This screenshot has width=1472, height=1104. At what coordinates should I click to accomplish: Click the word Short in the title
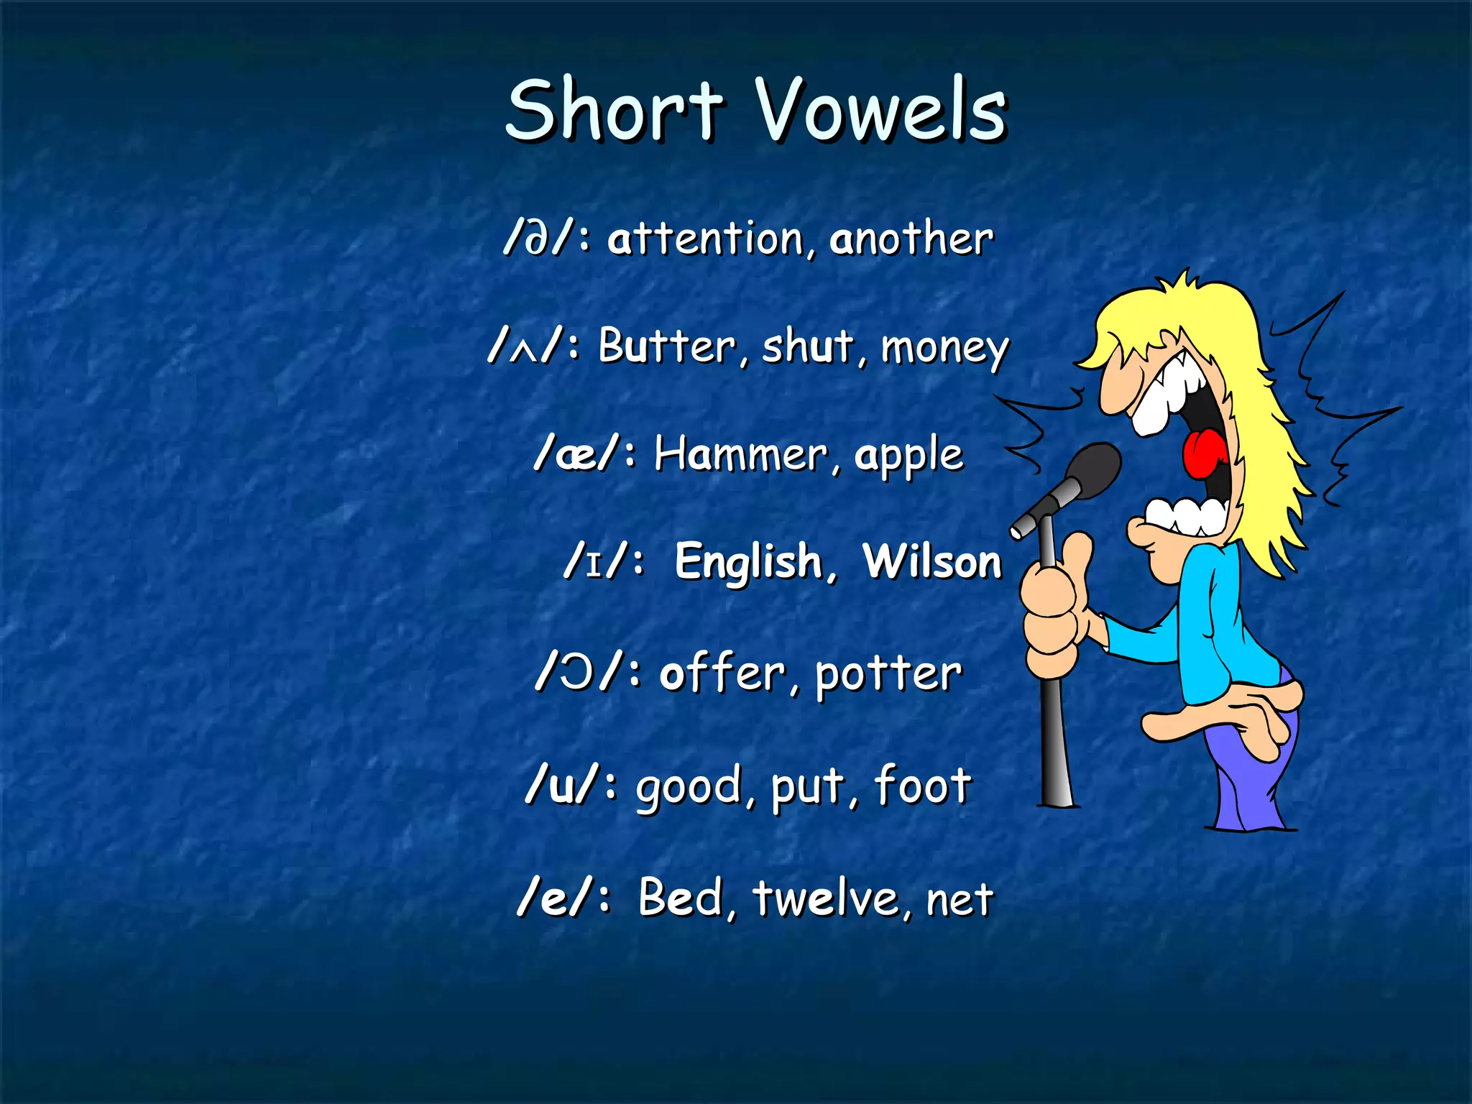coord(615,111)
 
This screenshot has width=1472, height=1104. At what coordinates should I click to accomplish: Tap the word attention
coord(705,239)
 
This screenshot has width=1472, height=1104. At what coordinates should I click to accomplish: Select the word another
coord(911,239)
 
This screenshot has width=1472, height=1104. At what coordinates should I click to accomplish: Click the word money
coord(945,349)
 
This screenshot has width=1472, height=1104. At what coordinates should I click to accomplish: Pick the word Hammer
coord(740,455)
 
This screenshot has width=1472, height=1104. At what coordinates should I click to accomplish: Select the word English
coord(747,562)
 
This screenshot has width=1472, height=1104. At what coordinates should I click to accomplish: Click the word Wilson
coord(931,561)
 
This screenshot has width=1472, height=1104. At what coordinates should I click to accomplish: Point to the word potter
coord(888,675)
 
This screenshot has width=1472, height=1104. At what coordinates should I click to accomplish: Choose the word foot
coord(923,785)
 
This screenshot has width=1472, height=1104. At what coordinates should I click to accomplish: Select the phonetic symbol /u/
coord(561,785)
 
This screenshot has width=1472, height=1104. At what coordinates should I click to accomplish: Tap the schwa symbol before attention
coord(539,239)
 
